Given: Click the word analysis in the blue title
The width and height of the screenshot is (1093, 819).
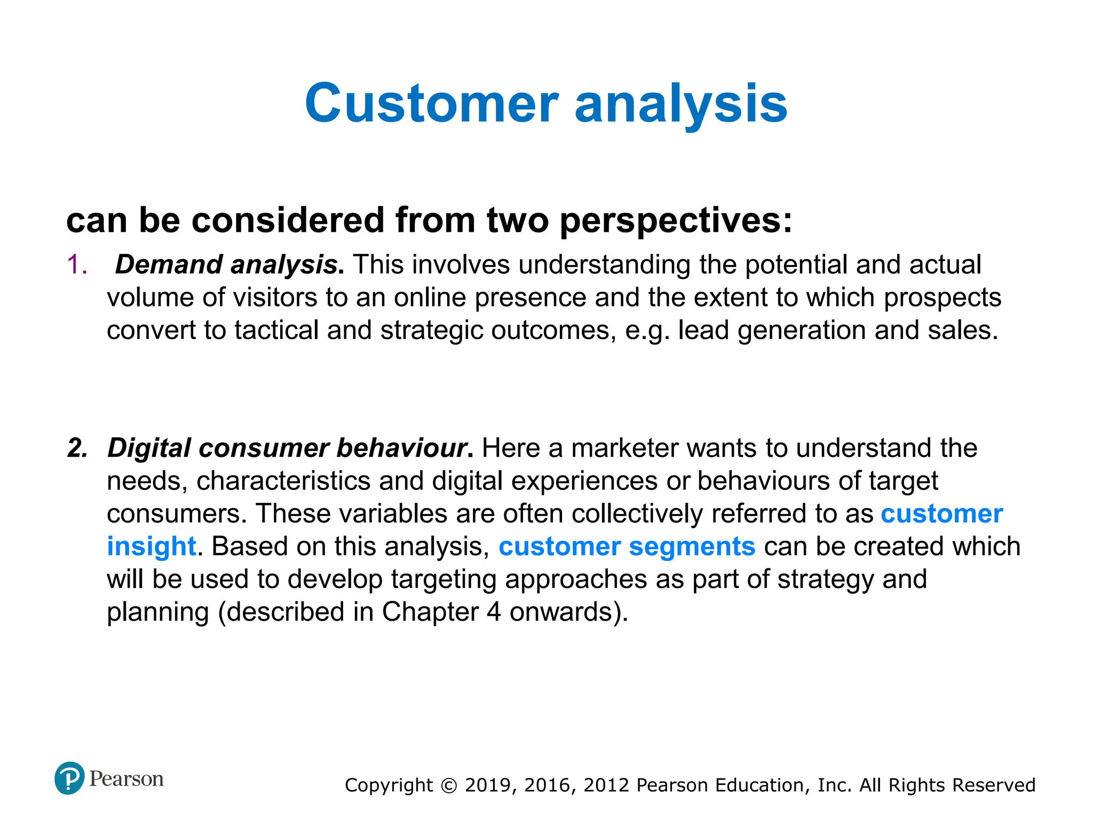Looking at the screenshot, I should [x=680, y=105].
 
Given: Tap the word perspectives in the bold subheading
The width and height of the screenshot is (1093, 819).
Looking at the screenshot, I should [x=676, y=221].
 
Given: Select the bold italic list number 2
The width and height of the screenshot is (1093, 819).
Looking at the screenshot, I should [x=78, y=448].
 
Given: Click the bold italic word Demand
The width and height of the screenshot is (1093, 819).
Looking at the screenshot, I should [x=169, y=265].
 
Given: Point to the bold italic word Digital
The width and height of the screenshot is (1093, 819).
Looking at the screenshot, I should [x=149, y=448].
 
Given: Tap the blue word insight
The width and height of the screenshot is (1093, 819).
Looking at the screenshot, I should [x=152, y=547].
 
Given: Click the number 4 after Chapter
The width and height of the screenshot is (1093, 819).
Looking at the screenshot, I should [x=494, y=612].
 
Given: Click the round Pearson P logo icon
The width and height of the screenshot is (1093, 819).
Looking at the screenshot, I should [x=69, y=778].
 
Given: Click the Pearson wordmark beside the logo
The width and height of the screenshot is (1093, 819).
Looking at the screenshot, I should [x=126, y=779].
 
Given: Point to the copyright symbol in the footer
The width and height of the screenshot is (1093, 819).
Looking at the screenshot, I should [x=449, y=786].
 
